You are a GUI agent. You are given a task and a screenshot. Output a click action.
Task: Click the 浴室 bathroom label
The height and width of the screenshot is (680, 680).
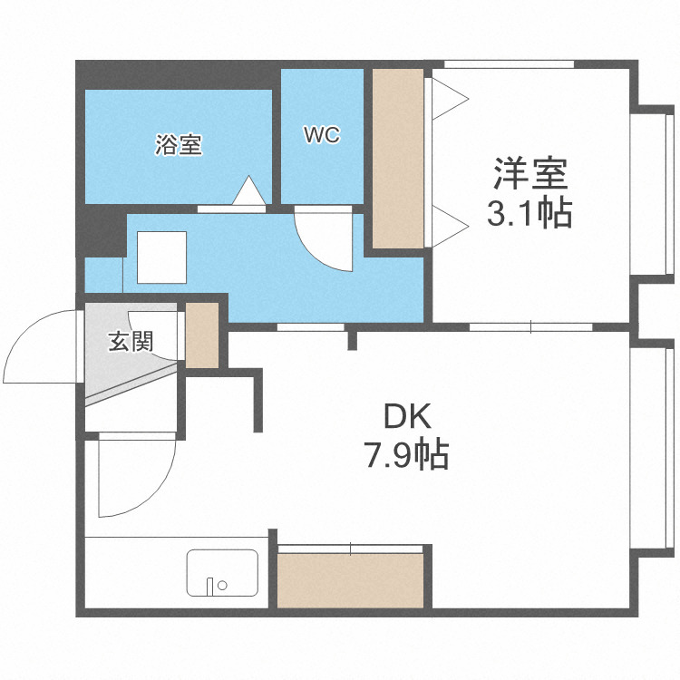coord(179,144)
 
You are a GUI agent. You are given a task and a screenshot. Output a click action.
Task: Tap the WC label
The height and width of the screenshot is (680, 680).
coord(321,135)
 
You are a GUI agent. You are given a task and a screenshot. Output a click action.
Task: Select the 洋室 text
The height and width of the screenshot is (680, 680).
coord(529,172)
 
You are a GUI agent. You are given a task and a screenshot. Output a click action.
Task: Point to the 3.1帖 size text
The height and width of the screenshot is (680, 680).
coord(529,213)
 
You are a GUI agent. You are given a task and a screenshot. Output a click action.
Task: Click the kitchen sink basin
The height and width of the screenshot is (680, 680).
coord(223,573)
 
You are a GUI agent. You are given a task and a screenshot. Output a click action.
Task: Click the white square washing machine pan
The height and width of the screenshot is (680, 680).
coord(161,257)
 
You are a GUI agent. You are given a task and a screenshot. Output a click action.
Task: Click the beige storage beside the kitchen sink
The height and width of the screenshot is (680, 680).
coord(350,578)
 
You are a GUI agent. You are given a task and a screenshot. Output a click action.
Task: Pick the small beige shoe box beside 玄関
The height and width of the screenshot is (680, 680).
coord(202,334)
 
